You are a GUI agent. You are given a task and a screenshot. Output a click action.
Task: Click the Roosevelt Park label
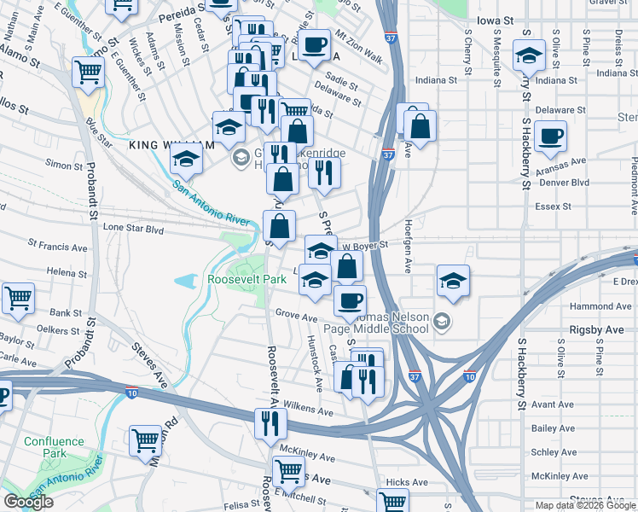click(246, 279)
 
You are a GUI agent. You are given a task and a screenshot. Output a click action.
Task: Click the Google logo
click(28, 502)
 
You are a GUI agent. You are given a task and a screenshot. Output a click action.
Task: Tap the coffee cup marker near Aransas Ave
click(550, 134)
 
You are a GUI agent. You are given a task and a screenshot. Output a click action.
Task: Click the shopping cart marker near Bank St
click(18, 298)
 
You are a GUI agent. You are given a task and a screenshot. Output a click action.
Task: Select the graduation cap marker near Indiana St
click(529, 56)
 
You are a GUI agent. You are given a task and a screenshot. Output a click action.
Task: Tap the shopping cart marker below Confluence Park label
click(146, 440)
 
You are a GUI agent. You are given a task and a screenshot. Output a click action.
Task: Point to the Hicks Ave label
click(407, 482)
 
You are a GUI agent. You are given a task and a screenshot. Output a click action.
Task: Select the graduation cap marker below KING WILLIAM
click(185, 158)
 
